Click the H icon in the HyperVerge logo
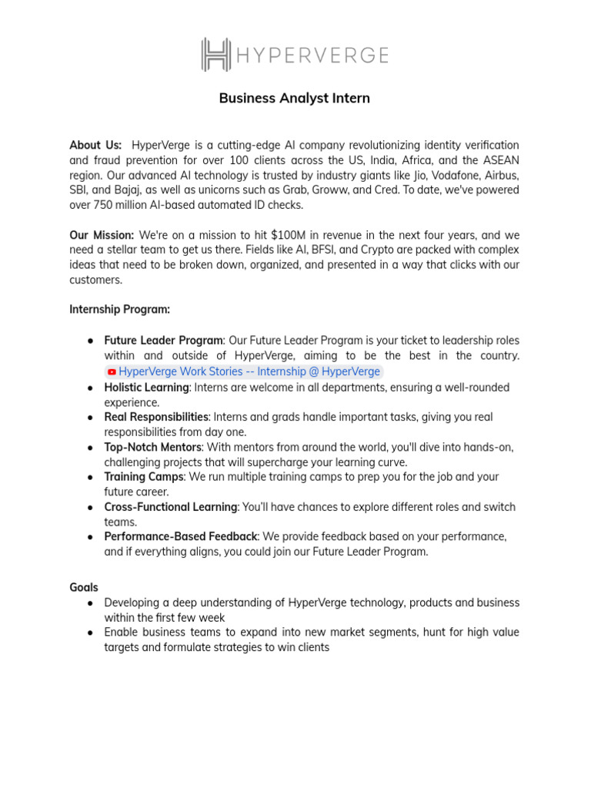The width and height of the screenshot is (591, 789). [x=216, y=55]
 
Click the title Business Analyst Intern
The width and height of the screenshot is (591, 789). [x=295, y=98]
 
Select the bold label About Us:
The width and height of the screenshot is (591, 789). [x=95, y=145]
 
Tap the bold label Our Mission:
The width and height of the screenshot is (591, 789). [x=102, y=234]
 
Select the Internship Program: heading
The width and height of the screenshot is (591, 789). [x=119, y=309]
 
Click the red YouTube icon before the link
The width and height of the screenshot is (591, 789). [x=112, y=371]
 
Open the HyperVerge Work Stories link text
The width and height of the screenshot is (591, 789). [x=249, y=371]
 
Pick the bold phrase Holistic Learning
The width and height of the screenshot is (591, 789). [x=146, y=387]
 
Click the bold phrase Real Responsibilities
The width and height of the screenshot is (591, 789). [x=156, y=417]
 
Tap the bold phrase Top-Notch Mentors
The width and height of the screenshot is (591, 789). [x=153, y=447]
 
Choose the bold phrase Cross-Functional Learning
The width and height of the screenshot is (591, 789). [x=170, y=507]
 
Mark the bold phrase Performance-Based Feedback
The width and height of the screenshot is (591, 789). [x=181, y=536]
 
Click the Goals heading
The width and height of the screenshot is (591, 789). [x=84, y=587]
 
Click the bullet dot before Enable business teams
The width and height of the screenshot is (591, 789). [x=91, y=633]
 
